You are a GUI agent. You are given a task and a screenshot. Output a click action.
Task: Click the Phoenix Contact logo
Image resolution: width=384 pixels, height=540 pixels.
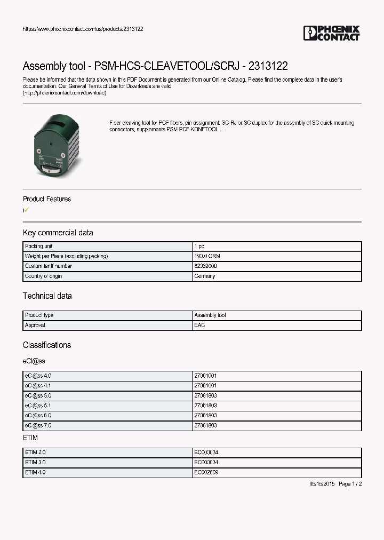[x=331, y=33]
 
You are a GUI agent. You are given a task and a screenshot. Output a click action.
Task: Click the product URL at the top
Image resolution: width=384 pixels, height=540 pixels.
[x=83, y=29]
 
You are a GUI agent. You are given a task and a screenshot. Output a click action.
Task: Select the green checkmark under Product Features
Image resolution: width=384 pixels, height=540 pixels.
[x=27, y=210]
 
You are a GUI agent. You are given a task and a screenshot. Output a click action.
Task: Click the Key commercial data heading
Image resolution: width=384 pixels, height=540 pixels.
[x=58, y=233]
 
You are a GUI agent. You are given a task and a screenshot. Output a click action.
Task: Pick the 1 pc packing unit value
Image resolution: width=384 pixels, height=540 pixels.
[x=199, y=247]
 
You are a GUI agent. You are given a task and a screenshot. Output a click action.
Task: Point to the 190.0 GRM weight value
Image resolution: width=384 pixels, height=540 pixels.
[x=207, y=256]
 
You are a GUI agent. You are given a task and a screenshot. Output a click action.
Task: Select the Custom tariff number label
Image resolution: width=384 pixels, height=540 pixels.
[x=49, y=266]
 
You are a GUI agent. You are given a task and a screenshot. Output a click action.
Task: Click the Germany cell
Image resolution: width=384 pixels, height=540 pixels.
[x=205, y=276]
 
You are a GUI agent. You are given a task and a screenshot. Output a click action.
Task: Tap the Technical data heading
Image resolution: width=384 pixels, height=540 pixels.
[x=47, y=296]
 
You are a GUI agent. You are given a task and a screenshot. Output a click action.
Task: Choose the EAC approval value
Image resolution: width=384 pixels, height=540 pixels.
[x=199, y=325]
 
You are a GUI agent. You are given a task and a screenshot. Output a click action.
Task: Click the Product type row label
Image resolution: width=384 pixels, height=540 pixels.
[x=39, y=315]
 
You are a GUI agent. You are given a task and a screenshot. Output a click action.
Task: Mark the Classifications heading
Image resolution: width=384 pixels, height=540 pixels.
[x=47, y=345]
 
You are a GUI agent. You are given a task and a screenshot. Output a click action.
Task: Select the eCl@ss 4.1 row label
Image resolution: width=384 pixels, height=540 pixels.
[x=38, y=386]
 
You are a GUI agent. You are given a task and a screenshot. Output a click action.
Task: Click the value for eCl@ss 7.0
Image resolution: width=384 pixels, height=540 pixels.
[x=205, y=426]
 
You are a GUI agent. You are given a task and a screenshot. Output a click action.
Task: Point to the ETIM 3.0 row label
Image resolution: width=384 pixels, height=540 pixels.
[x=36, y=463]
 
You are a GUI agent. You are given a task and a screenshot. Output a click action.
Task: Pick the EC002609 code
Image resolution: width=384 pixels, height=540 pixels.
[x=206, y=473]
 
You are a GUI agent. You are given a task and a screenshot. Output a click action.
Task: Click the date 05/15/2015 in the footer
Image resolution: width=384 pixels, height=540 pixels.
[x=322, y=484]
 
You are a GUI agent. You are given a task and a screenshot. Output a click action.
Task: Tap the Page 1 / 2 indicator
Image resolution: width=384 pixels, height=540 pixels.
[x=350, y=484]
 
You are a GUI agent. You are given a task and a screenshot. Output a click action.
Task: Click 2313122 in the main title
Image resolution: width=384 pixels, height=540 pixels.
[x=268, y=66]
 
